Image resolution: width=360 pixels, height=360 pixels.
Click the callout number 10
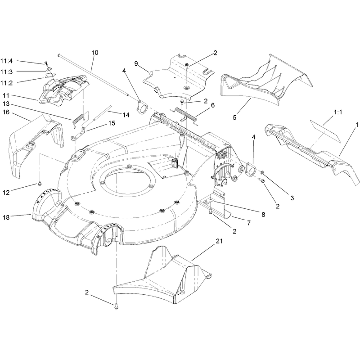94,53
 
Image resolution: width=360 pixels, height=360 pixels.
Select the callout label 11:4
7,61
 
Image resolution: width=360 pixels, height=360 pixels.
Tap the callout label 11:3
7,72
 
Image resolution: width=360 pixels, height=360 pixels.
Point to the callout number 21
219,241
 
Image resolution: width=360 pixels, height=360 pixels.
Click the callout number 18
6,217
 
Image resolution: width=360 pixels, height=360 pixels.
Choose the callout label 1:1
338,112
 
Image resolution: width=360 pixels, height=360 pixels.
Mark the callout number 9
136,63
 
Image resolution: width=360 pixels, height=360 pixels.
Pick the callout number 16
6,112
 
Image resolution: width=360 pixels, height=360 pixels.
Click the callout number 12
6,193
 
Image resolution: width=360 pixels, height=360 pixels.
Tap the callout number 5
234,117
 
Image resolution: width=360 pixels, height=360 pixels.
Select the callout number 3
292,198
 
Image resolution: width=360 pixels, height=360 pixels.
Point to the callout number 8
263,215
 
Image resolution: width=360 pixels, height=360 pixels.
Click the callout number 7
249,223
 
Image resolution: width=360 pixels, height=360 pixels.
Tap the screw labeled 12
40,183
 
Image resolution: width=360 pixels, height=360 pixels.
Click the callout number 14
126,115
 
